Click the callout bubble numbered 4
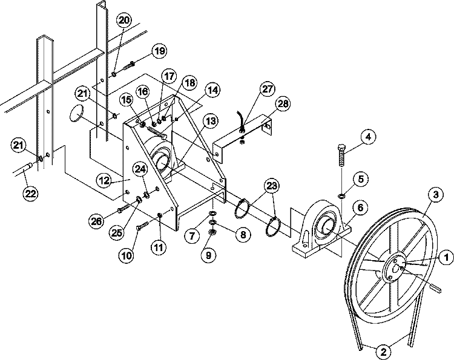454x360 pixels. coord(368,137)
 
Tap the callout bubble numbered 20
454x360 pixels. coord(124,21)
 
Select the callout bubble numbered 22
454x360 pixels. coord(30,193)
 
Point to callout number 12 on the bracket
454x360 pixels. coord(104,181)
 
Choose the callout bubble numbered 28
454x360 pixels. coord(282,103)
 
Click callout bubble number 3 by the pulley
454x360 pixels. coord(436,195)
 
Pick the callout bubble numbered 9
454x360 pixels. coord(209,255)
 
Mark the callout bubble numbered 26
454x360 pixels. coord(96,221)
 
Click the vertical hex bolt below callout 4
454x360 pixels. coord(341,155)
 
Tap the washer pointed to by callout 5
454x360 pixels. coord(341,197)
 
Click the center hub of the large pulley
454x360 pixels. coord(394,267)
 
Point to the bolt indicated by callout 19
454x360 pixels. coord(129,66)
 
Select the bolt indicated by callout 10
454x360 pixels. coord(142,226)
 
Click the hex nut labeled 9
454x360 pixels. coord(212,232)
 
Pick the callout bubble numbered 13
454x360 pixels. coord(211,121)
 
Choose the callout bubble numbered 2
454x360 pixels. coord(383,352)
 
